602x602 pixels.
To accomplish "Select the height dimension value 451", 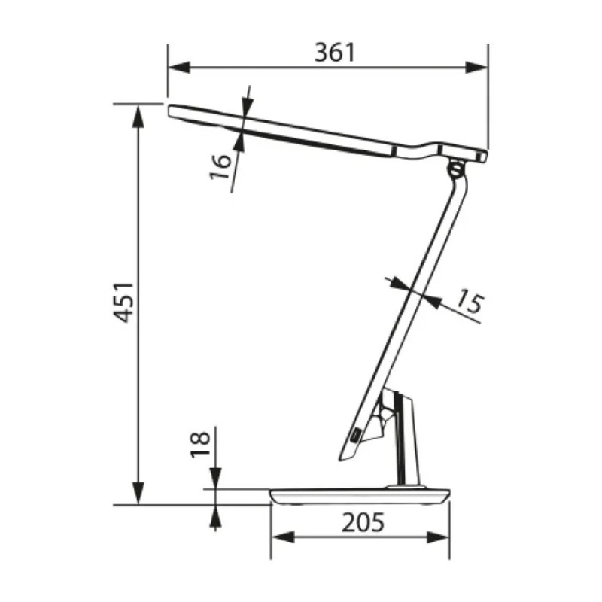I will pos(124,304).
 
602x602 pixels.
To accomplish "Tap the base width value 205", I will pos(361,521).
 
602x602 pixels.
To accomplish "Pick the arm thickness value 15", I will pos(468,303).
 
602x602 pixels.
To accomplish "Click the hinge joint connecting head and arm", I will pos(456,167).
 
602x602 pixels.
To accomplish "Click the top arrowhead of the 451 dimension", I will pos(139,113).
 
